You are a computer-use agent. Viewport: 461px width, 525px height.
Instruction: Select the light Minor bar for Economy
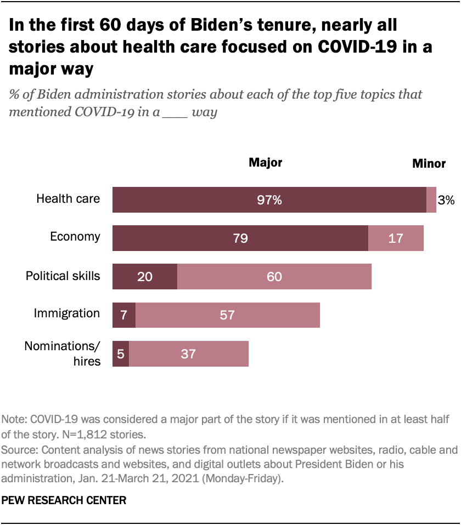(x=396, y=238)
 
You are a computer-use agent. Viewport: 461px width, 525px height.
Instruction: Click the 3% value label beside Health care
(x=446, y=201)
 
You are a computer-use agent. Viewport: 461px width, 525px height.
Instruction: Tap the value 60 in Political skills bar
(x=274, y=277)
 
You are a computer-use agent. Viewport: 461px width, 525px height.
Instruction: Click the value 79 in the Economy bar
(x=240, y=238)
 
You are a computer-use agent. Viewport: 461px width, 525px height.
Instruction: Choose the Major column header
(x=265, y=162)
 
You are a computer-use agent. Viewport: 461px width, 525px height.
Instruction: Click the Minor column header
(x=429, y=163)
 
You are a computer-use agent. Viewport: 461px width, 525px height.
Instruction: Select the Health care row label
(x=68, y=198)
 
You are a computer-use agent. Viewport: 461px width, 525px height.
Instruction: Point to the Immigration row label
(x=67, y=313)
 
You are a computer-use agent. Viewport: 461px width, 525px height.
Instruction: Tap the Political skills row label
(x=63, y=275)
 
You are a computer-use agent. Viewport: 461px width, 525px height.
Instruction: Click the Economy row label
(x=75, y=237)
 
